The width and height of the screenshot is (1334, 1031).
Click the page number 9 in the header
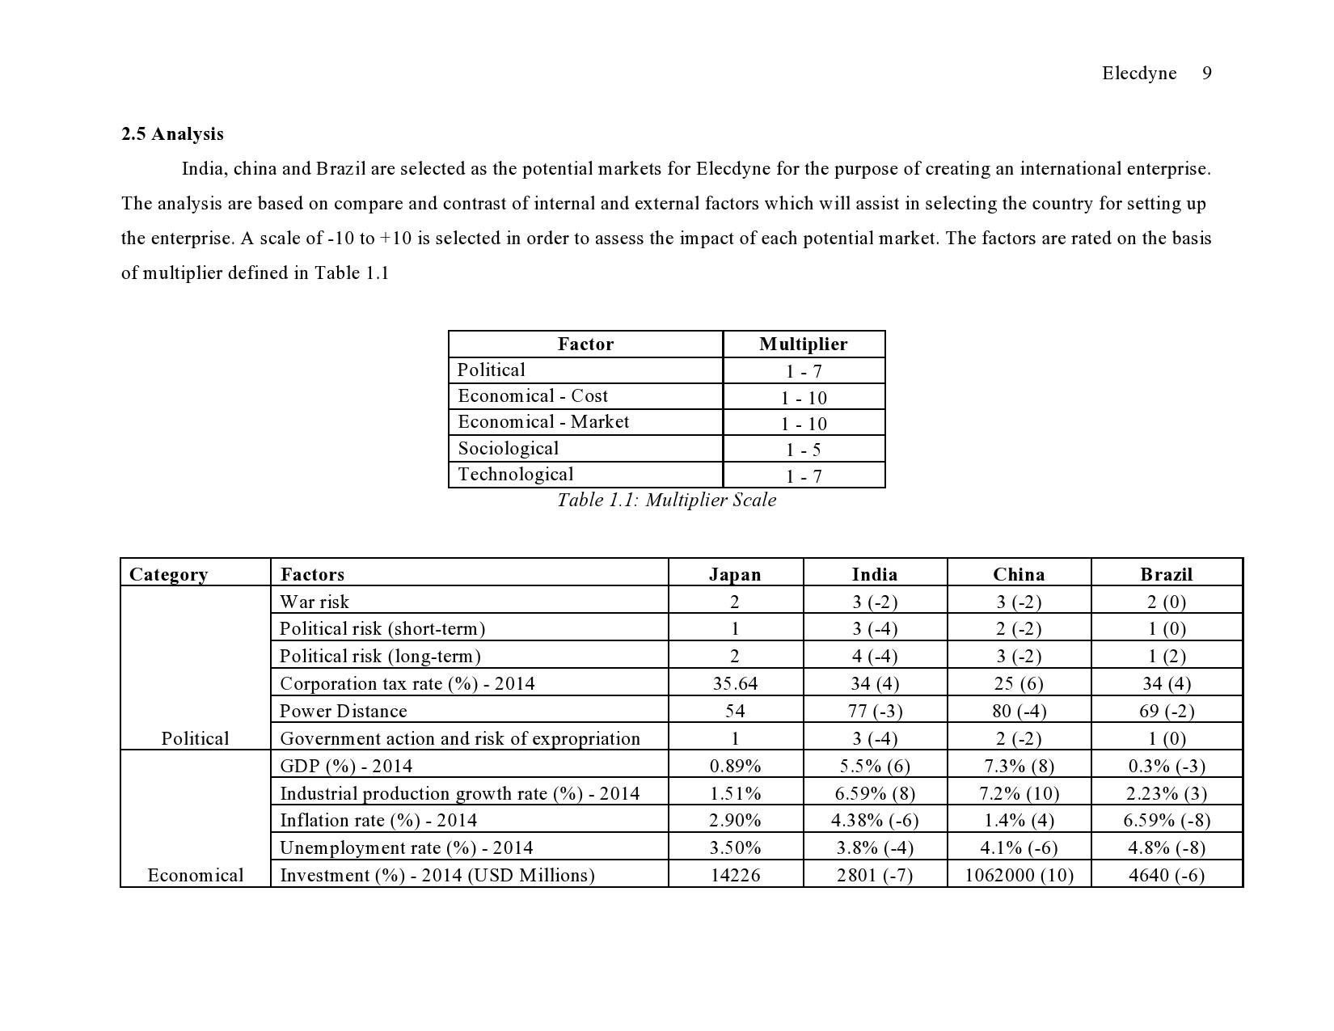(1206, 74)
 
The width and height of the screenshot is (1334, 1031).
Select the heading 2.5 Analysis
(172, 134)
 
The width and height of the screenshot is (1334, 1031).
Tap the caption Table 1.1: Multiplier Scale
(666, 501)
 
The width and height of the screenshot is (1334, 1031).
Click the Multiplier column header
(803, 344)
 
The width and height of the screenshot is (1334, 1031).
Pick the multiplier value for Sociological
(803, 450)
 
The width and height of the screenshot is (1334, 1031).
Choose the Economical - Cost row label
(533, 396)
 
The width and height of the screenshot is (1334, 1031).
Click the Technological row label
(516, 475)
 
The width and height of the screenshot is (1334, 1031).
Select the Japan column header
(735, 575)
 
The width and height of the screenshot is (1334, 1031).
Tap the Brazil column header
(1166, 575)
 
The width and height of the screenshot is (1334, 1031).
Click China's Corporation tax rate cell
(1018, 684)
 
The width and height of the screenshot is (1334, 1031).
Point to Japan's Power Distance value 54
(735, 712)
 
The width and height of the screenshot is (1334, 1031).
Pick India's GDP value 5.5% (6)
(874, 766)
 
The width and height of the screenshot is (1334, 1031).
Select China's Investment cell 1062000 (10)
(1019, 876)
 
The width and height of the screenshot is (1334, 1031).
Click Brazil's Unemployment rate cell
(1166, 848)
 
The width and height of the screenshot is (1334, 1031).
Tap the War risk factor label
(315, 602)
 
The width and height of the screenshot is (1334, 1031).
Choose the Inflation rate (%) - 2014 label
(378, 821)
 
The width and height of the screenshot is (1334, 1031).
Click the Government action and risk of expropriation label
(460, 739)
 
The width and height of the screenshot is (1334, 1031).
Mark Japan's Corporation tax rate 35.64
(735, 684)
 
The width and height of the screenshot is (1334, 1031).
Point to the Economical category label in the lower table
(195, 876)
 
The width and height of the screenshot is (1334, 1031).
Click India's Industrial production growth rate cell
(874, 793)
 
